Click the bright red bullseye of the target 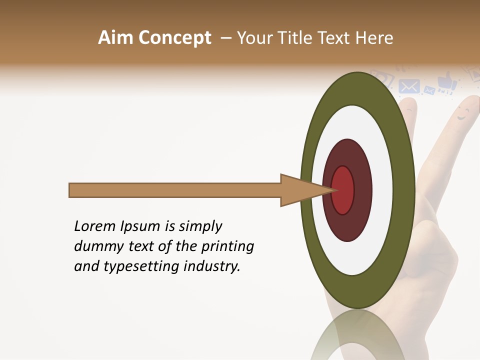342,190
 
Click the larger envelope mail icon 409,86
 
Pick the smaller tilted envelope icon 429,90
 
